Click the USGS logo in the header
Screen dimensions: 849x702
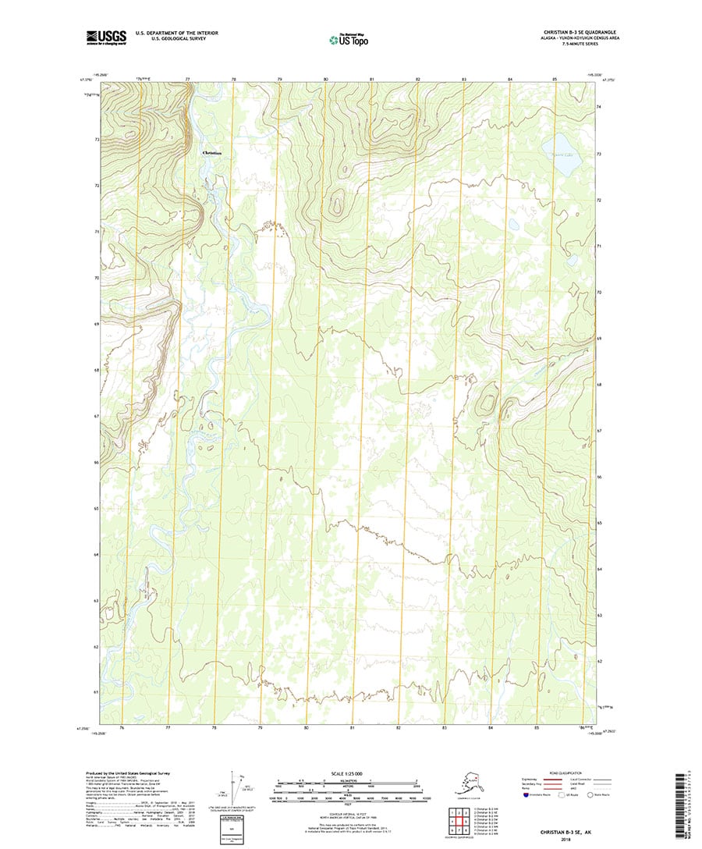point(106,36)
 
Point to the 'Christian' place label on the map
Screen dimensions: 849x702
point(211,153)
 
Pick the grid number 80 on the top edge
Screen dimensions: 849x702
point(326,80)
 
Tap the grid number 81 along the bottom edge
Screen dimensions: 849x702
point(353,728)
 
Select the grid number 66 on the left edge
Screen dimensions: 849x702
point(96,463)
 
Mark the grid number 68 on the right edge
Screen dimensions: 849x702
point(599,385)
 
